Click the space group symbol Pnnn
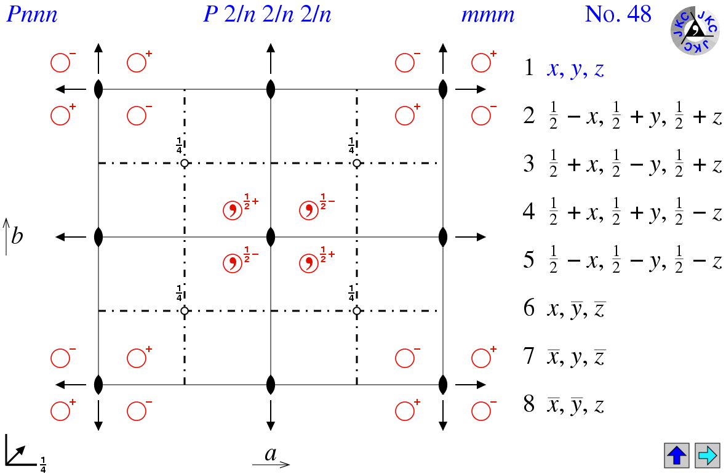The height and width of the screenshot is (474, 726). point(32,14)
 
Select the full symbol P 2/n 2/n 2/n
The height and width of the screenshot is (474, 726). point(267,14)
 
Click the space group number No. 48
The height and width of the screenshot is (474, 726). point(618,14)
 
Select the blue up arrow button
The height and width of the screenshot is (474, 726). point(676,455)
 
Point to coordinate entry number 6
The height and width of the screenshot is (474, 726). point(564,308)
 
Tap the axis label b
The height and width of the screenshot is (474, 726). point(17,236)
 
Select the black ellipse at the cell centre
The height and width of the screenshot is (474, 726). point(271,237)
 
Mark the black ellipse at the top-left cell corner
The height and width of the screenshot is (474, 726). point(98,89)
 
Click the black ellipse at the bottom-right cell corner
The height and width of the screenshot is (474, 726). point(443,385)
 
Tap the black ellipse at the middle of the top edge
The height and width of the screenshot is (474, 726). point(271,89)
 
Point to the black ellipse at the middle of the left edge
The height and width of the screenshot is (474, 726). point(98,237)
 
